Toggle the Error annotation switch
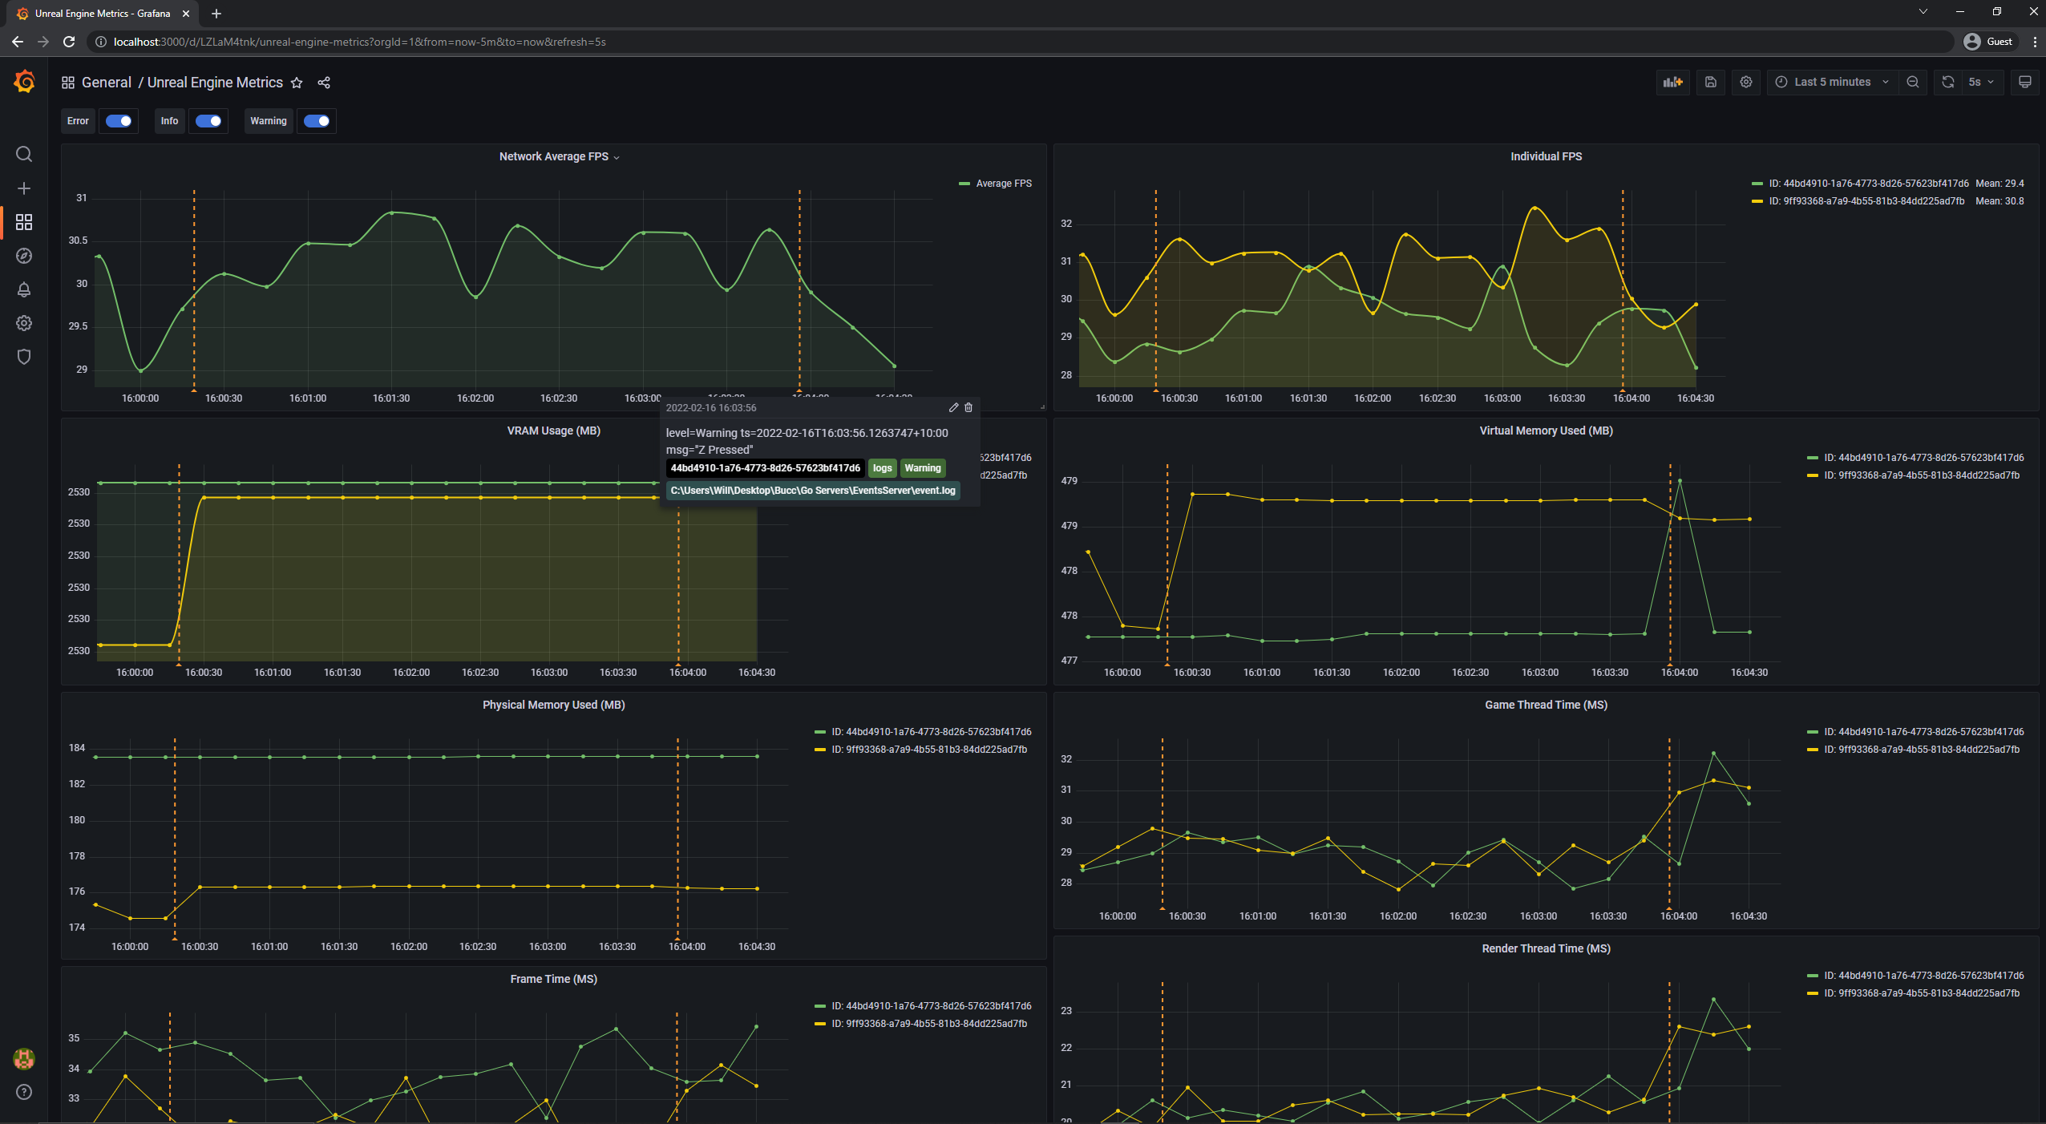coord(119,121)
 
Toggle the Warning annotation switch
coord(317,121)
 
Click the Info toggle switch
coord(208,121)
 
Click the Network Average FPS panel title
coord(554,156)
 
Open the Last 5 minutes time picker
coord(1832,82)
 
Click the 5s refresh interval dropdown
coord(1980,82)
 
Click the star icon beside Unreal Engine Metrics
coord(297,83)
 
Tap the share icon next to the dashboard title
coord(324,83)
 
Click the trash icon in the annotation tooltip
coord(968,407)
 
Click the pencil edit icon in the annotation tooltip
coord(953,407)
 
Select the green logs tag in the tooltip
coord(882,468)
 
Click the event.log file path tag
coord(813,491)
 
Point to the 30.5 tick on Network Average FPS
coord(78,241)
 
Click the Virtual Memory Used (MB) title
coord(1546,431)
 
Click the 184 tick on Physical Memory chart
coord(77,748)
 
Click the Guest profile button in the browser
coord(1987,42)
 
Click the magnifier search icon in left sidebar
coord(24,154)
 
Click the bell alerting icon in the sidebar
coord(24,289)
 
